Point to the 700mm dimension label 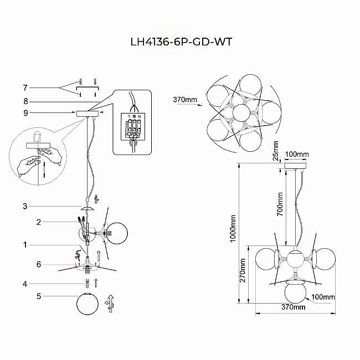[280, 205]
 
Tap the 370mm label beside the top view [185, 100]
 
